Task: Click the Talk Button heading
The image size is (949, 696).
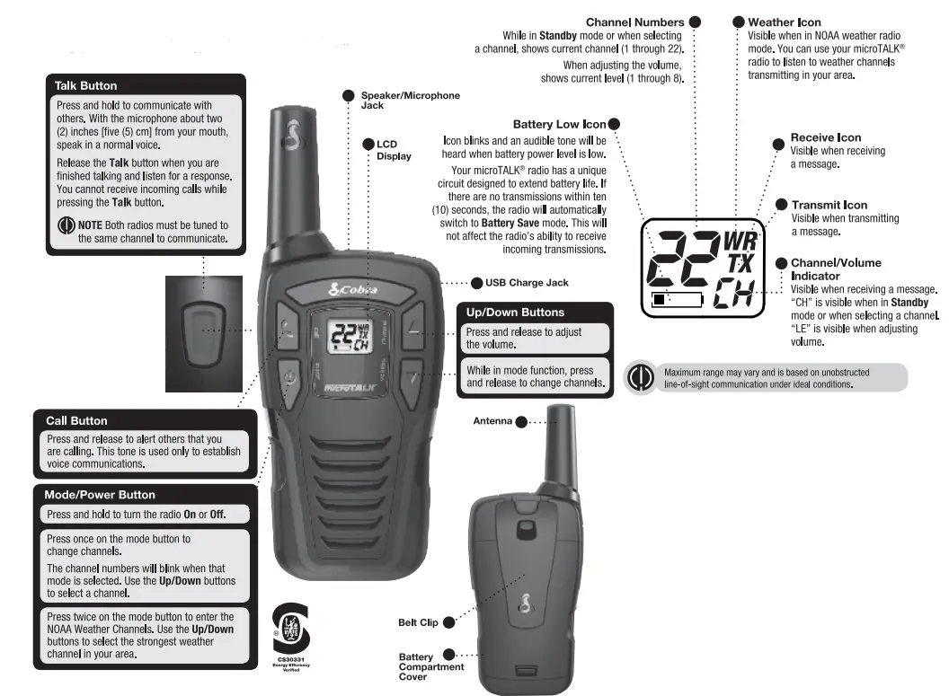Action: (86, 86)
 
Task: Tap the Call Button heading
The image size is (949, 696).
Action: (76, 420)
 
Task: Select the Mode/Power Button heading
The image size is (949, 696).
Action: (100, 495)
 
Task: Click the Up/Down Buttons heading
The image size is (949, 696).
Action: (516, 313)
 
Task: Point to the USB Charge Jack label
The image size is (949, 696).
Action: (527, 283)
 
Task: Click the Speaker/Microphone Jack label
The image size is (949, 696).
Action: (410, 101)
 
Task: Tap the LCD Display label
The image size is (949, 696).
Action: (393, 150)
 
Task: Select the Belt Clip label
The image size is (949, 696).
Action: (418, 622)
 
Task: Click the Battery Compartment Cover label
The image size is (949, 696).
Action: (430, 667)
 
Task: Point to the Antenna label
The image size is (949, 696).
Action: (492, 421)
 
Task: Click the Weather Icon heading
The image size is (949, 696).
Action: (784, 22)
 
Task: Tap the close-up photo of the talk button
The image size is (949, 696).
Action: (204, 329)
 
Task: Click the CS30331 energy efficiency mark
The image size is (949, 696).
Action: (291, 639)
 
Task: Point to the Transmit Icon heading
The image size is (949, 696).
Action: (829, 206)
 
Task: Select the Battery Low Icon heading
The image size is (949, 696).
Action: (559, 124)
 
